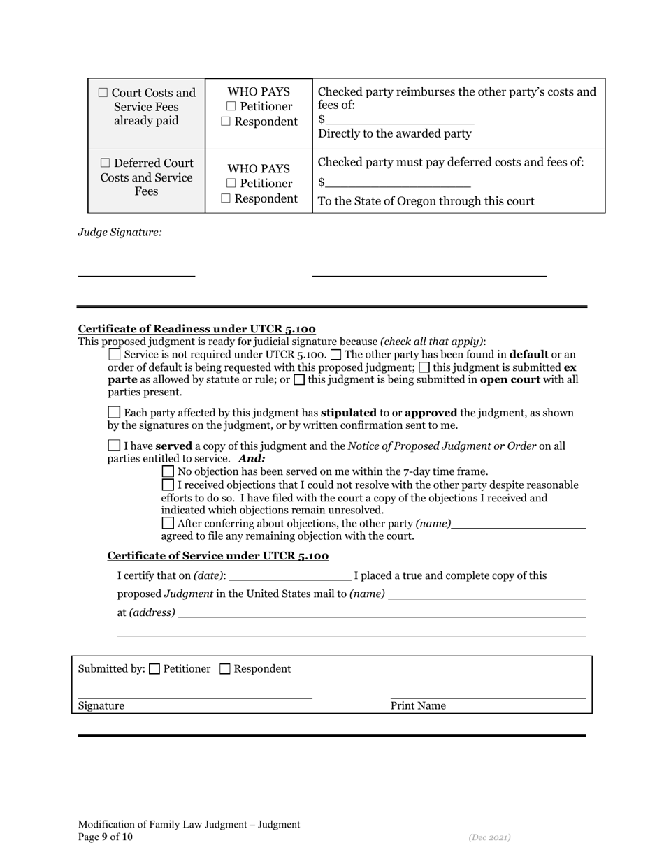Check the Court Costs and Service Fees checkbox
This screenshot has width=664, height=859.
coord(103,93)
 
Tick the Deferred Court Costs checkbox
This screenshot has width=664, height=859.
coord(103,163)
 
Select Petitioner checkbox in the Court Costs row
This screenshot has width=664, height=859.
coord(231,107)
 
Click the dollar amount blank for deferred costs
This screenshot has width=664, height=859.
coord(398,182)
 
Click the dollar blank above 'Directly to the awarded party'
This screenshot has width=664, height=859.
coord(399,119)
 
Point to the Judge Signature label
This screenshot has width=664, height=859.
coord(120,232)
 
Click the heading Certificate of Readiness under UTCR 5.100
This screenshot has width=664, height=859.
coord(196,329)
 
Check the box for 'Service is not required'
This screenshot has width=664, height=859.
coord(115,355)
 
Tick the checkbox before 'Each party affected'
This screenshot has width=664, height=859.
coord(115,413)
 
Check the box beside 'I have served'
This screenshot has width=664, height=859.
coord(115,446)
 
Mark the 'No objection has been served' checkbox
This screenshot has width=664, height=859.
coord(168,471)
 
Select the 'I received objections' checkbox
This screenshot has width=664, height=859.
coord(168,485)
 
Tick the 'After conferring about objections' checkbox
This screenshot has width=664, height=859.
coord(168,523)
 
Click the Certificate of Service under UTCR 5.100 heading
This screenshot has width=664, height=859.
coord(217,556)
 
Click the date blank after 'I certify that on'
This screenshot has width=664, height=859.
coord(290,575)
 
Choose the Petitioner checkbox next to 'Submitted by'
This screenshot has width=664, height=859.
coord(155,669)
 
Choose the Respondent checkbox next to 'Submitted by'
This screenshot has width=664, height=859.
coord(225,669)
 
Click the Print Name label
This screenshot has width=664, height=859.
coord(417,706)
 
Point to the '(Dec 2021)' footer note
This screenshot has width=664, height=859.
coord(489,837)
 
